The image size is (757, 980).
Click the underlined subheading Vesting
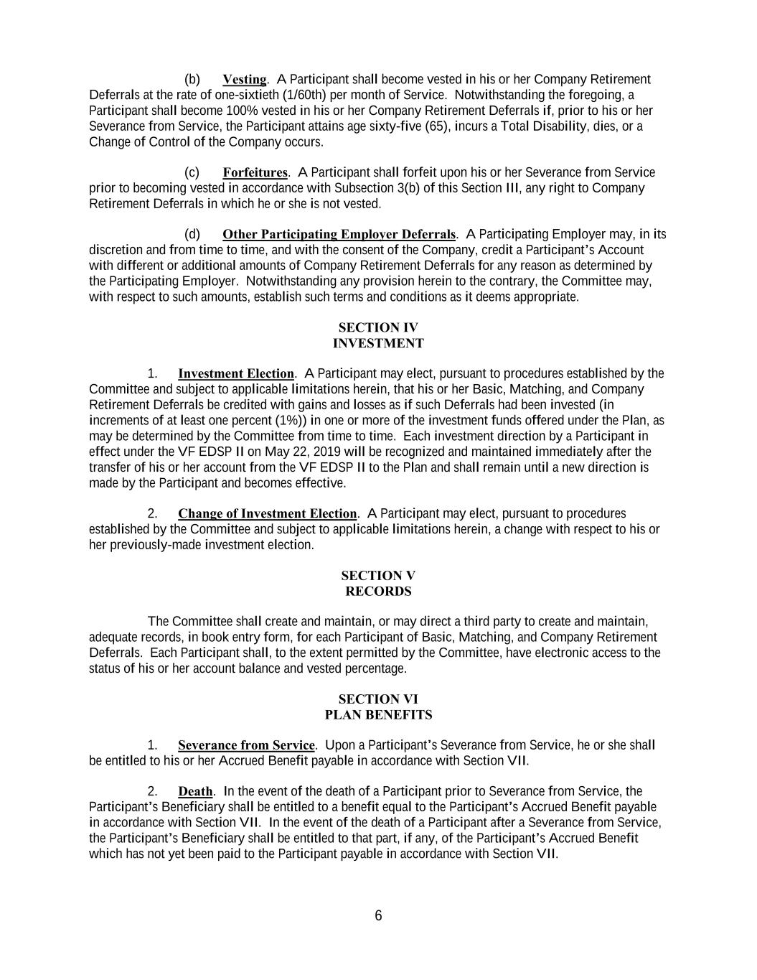(245, 79)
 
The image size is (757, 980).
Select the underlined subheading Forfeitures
(255, 172)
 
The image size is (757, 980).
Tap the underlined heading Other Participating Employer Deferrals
(339, 234)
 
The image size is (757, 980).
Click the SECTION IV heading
(378, 327)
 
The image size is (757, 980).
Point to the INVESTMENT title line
(378, 343)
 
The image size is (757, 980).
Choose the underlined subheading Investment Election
(236, 373)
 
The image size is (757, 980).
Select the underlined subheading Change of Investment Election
(267, 513)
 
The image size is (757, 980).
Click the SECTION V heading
(378, 576)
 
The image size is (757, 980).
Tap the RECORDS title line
(378, 592)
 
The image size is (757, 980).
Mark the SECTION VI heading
(378, 699)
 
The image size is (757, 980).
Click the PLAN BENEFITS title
(378, 715)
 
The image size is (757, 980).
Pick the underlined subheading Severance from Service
(246, 745)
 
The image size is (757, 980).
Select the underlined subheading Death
(195, 791)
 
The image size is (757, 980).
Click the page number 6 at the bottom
(378, 915)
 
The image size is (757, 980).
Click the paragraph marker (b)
(192, 79)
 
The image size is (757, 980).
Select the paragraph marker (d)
(192, 234)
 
